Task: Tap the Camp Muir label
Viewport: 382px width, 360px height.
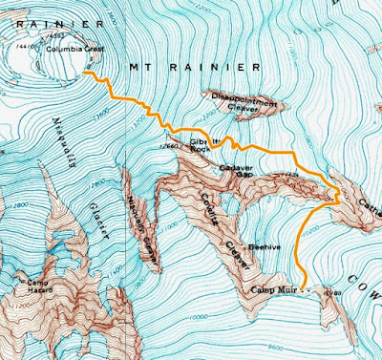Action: [275, 289]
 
